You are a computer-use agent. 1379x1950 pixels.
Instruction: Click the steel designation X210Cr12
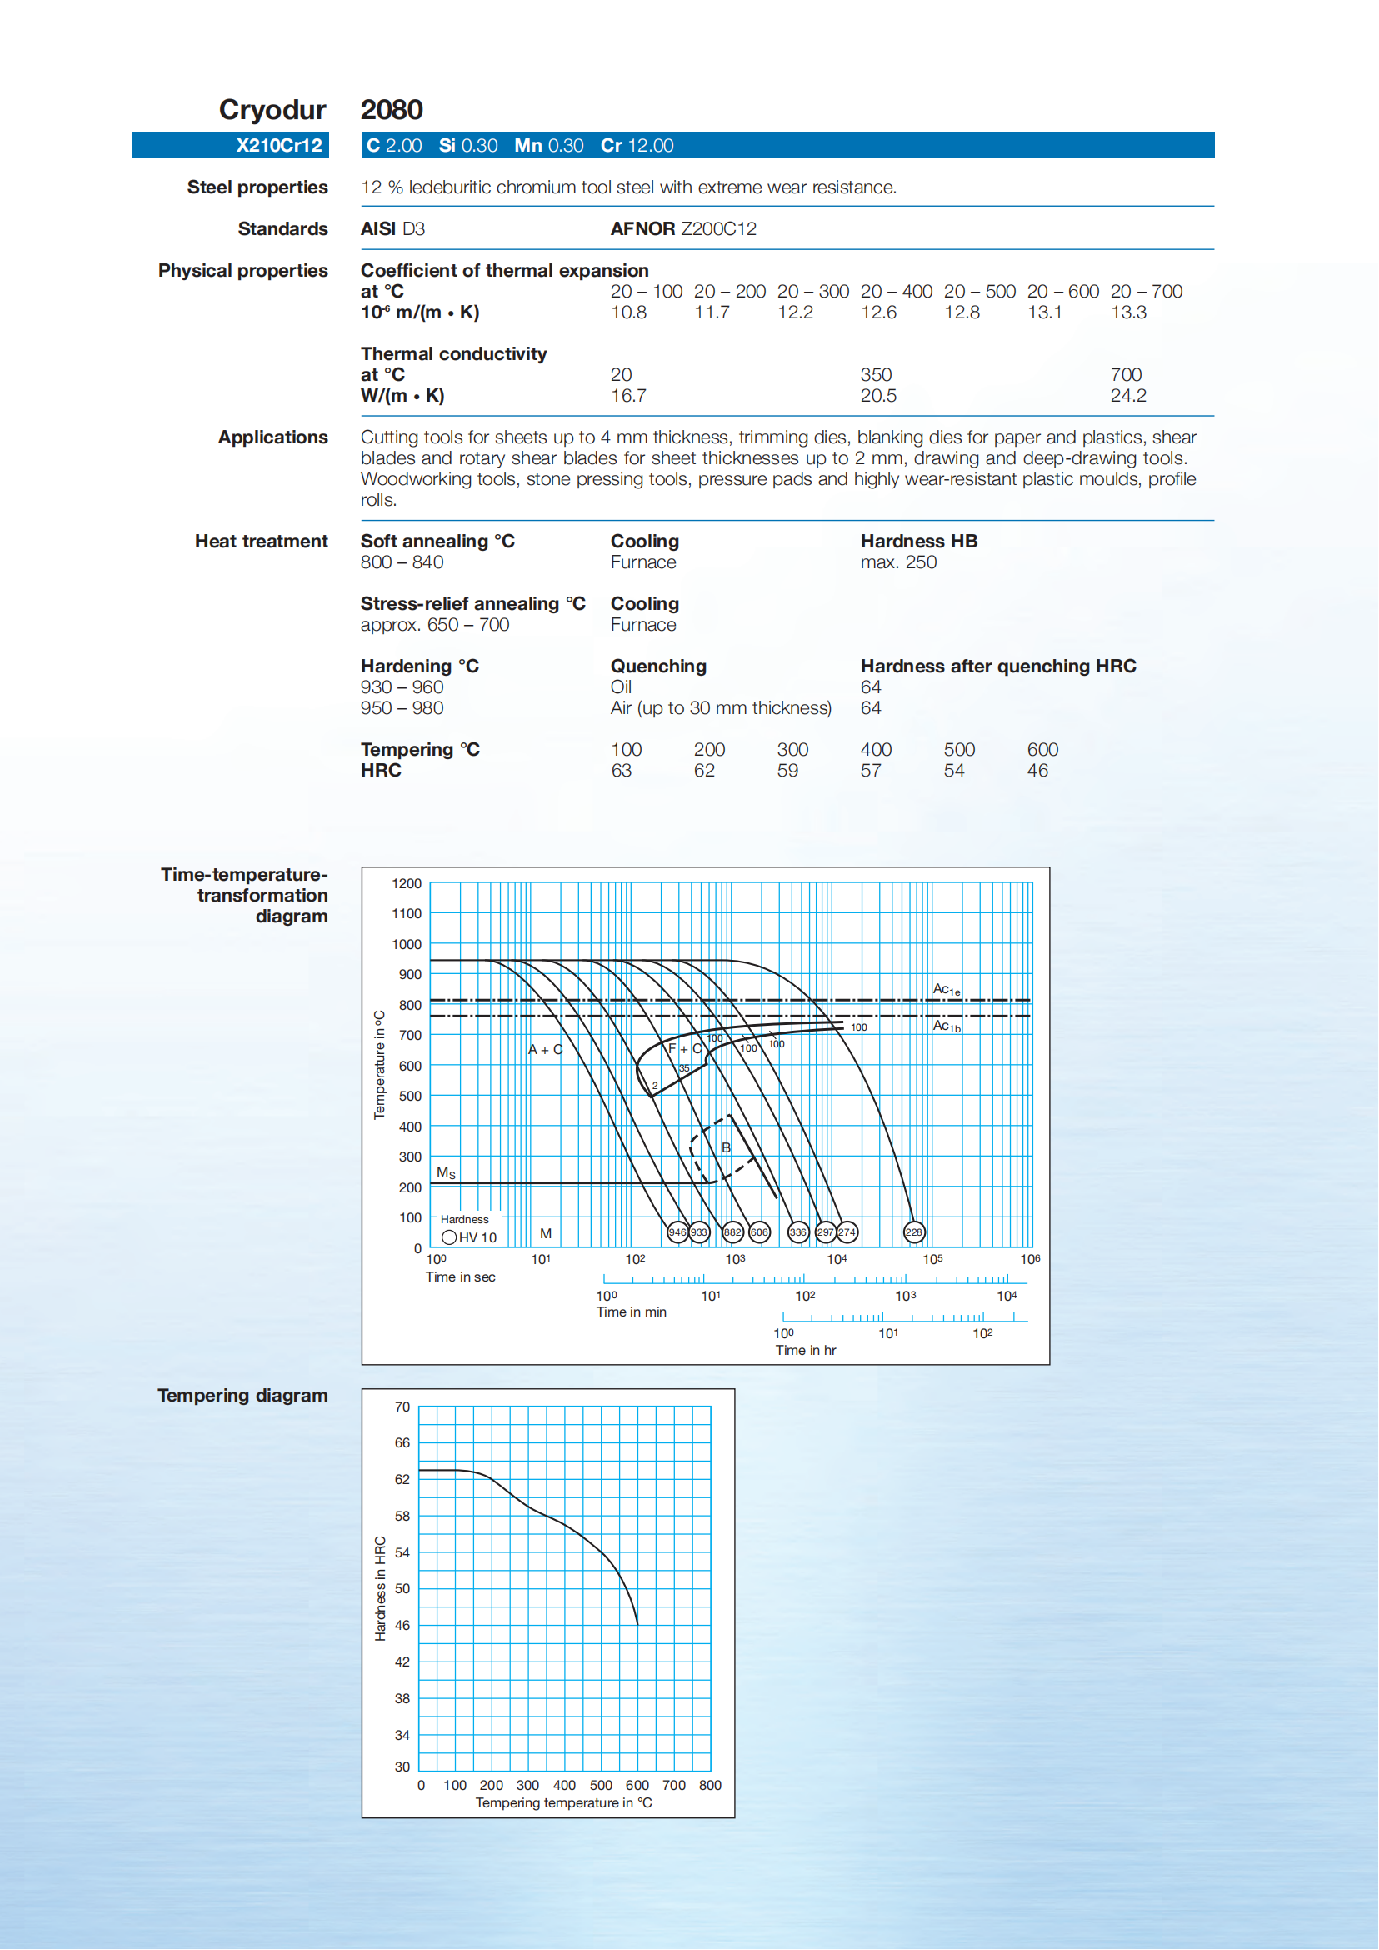click(278, 145)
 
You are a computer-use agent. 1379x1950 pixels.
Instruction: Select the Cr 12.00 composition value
click(637, 145)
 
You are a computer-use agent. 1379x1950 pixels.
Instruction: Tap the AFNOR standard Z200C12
click(683, 228)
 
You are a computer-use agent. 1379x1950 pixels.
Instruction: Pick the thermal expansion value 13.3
click(1128, 312)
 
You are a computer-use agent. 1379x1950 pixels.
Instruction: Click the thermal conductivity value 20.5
click(878, 396)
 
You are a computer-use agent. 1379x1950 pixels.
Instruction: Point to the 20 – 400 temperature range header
click(896, 292)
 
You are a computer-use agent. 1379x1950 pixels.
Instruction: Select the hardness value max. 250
click(898, 562)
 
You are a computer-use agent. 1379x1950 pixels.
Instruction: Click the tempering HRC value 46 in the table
click(1037, 771)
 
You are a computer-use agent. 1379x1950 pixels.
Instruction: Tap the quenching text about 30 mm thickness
click(721, 708)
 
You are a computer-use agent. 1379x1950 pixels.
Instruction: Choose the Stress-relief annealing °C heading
click(473, 604)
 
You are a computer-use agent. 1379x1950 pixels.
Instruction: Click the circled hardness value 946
click(677, 1232)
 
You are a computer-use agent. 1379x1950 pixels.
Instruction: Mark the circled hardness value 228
click(914, 1232)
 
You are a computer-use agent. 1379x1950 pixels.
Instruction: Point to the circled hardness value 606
click(759, 1232)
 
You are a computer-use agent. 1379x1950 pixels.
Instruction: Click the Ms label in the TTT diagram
click(446, 1172)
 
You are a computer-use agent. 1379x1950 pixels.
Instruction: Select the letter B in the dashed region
click(726, 1148)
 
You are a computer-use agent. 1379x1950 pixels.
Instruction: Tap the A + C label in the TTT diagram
click(545, 1050)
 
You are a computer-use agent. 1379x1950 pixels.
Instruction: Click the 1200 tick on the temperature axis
click(407, 884)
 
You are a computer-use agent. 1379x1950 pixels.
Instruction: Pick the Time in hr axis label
click(805, 1350)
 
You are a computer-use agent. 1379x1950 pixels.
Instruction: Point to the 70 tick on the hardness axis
click(402, 1407)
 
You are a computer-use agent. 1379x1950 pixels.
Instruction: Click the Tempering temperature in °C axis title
click(564, 1803)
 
